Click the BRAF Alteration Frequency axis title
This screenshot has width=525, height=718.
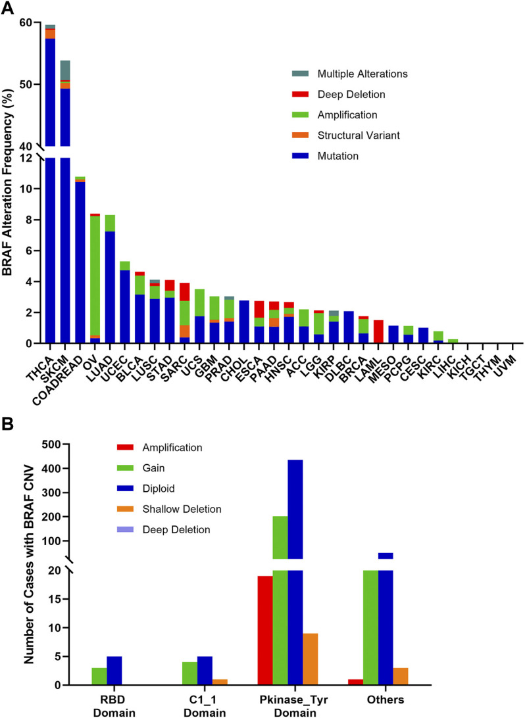(x=11, y=184)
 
